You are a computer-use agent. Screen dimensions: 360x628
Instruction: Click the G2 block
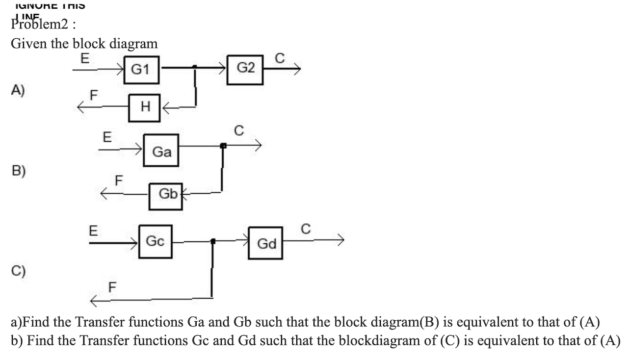(246, 68)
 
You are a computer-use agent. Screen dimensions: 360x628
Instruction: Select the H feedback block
(145, 107)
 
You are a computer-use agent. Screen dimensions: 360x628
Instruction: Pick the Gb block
(167, 195)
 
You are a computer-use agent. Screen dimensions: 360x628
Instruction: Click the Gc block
(156, 241)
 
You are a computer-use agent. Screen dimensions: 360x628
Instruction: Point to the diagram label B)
(19, 171)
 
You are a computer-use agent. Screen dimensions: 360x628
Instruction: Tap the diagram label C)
(19, 270)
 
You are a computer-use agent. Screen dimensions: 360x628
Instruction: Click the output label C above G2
(279, 58)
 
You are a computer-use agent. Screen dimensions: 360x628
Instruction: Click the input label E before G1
(84, 59)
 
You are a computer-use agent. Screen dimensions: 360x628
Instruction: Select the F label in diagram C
(112, 287)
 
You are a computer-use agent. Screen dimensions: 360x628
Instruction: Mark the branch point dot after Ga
(223, 146)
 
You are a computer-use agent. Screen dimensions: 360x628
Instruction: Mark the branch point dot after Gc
(212, 241)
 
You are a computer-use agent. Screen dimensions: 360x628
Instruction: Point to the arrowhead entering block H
(166, 107)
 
